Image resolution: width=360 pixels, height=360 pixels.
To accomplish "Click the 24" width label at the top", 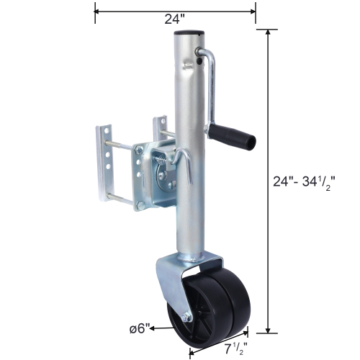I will tap(173, 20).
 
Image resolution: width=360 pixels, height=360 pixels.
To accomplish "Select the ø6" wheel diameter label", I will tap(138, 328).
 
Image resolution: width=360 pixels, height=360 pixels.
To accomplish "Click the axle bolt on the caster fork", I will tap(186, 318).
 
